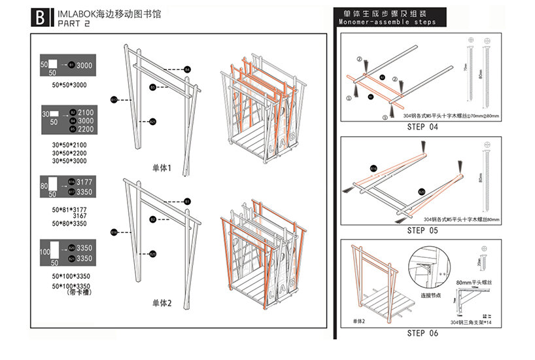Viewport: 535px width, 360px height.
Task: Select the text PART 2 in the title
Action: point(74,24)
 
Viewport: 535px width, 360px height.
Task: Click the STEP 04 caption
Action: point(422,127)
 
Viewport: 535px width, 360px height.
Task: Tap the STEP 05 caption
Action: point(422,230)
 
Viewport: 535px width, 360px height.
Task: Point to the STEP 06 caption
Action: point(422,333)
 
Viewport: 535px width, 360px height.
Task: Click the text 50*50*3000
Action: point(69,85)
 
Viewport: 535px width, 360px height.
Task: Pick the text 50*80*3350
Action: point(69,224)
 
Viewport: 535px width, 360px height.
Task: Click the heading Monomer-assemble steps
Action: point(387,22)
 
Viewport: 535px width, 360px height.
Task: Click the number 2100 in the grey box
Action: point(86,113)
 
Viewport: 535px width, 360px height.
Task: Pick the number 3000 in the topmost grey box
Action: point(84,66)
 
